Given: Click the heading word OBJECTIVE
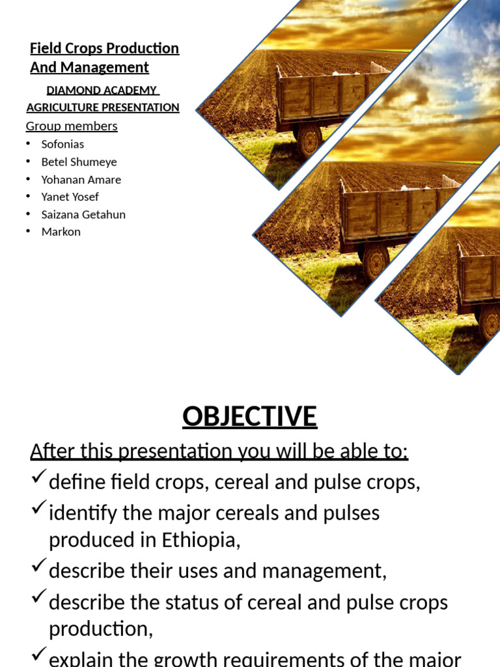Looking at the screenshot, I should point(249,416).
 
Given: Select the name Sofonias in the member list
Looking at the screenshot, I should point(62,144).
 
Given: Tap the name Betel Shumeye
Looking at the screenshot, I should point(79,162).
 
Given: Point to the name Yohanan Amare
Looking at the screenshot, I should point(81,179).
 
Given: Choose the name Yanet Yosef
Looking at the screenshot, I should point(70,196).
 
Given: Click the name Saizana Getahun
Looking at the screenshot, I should point(83,214).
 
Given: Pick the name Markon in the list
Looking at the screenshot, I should point(61,231).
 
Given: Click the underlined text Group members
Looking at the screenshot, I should point(72,126).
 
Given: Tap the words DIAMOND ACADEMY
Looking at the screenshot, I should point(102,91).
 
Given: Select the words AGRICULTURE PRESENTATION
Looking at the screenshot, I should point(103,107).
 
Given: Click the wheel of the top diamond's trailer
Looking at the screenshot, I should point(309,140).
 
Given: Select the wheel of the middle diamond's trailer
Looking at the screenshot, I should point(375,262).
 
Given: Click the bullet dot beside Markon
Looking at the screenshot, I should point(29,232).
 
